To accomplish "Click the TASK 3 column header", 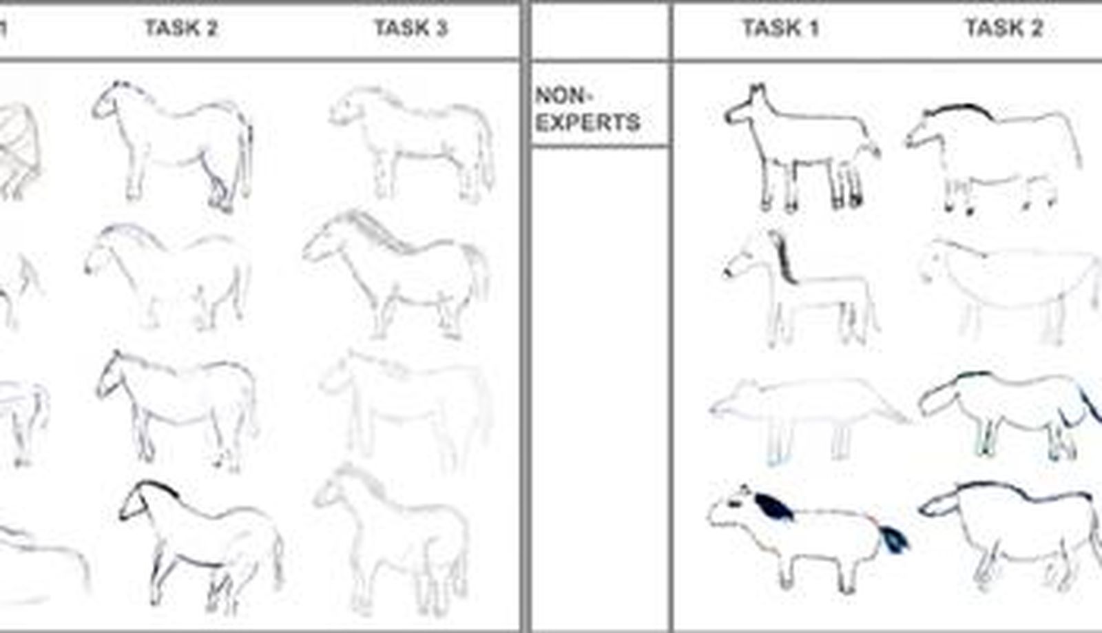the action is point(410,28).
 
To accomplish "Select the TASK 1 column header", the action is point(781,28).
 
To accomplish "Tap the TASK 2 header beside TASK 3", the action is point(181,28).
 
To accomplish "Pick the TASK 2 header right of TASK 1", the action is point(1004,28).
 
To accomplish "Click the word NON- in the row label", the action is point(561,96).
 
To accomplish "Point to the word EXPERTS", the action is point(588,123).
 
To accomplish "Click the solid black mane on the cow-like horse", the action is point(774,506).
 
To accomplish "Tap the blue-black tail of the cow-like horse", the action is point(893,539).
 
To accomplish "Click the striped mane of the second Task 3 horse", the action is point(379,231).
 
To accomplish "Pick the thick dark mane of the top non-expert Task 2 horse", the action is point(959,110).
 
